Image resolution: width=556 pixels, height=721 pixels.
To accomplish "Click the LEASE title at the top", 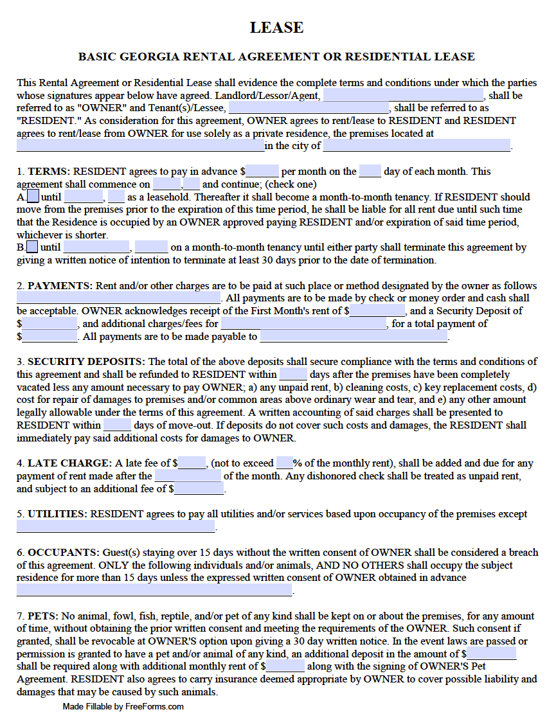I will click(x=276, y=28).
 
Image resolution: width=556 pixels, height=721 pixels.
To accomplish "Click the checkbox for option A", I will click(x=33, y=197).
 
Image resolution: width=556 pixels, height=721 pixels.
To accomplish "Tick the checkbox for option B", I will click(x=32, y=247).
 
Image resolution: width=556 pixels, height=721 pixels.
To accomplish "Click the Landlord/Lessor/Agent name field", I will click(x=411, y=95).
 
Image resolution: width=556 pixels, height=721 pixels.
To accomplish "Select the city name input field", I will click(x=417, y=146).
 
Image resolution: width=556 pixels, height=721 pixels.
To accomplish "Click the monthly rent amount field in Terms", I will click(x=262, y=172).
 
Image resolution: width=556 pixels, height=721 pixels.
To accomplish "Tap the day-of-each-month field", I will click(x=370, y=172).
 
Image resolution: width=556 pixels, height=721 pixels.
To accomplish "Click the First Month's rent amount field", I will click(x=377, y=311).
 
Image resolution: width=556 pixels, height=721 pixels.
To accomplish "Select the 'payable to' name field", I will click(x=354, y=336).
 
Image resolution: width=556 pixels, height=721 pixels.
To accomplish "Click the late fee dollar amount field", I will click(x=192, y=463).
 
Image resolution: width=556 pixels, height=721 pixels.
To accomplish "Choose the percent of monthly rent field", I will click(x=285, y=463).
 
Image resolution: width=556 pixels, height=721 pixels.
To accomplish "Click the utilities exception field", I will click(x=116, y=527).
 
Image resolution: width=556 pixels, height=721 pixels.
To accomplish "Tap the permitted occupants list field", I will click(x=154, y=590).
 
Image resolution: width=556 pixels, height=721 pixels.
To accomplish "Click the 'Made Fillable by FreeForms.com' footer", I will click(x=123, y=707).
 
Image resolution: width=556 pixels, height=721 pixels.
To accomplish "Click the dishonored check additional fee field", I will click(x=199, y=489).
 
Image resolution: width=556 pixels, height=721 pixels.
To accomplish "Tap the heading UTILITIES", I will click(x=57, y=514).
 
